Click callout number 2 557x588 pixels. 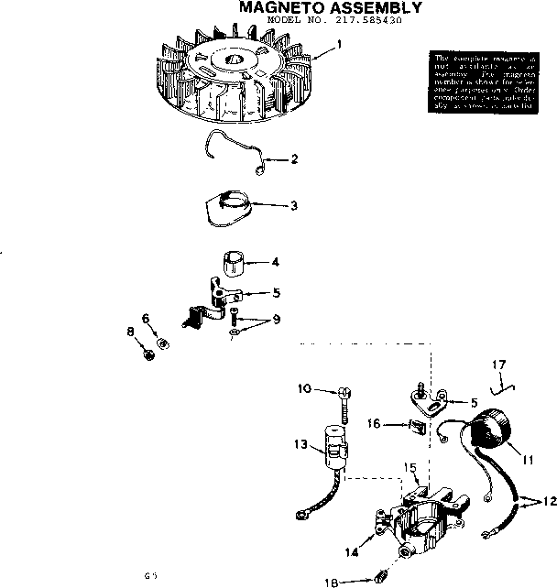click(294, 158)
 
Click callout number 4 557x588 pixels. click(275, 262)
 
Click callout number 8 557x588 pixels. click(130, 331)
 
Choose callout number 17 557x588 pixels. click(499, 364)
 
